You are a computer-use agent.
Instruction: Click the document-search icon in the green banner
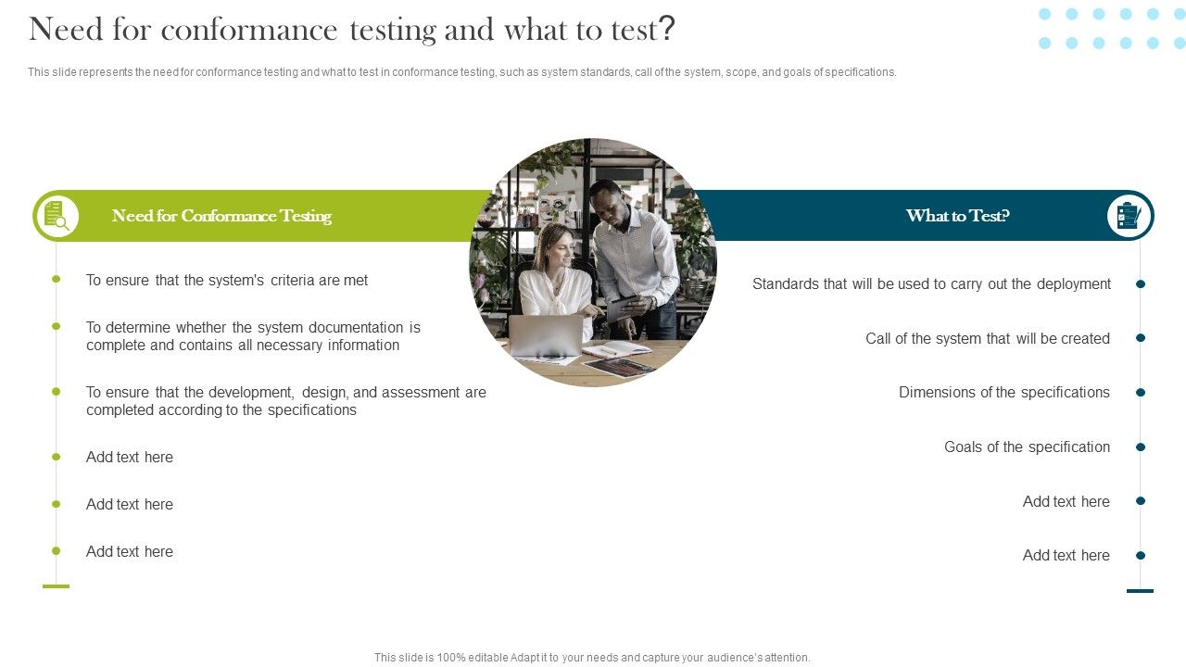[x=57, y=216]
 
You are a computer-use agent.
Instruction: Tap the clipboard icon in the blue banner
[x=1129, y=216]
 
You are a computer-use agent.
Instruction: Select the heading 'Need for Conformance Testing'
[x=221, y=216]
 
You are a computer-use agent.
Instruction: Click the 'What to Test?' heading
[x=957, y=216]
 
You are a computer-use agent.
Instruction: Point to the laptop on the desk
[x=546, y=336]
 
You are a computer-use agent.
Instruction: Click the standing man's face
[x=606, y=200]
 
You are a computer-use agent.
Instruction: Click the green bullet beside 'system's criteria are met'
[x=57, y=279]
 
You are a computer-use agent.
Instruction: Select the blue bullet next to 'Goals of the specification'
[x=1141, y=447]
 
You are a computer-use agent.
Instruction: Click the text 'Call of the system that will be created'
[x=987, y=338]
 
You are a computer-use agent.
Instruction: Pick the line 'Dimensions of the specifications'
[x=1003, y=392]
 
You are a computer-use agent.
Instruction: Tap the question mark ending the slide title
[x=667, y=30]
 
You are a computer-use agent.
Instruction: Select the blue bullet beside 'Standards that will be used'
[x=1141, y=283]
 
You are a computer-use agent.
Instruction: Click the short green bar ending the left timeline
[x=57, y=586]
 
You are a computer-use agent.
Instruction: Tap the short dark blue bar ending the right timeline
[x=1140, y=590]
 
